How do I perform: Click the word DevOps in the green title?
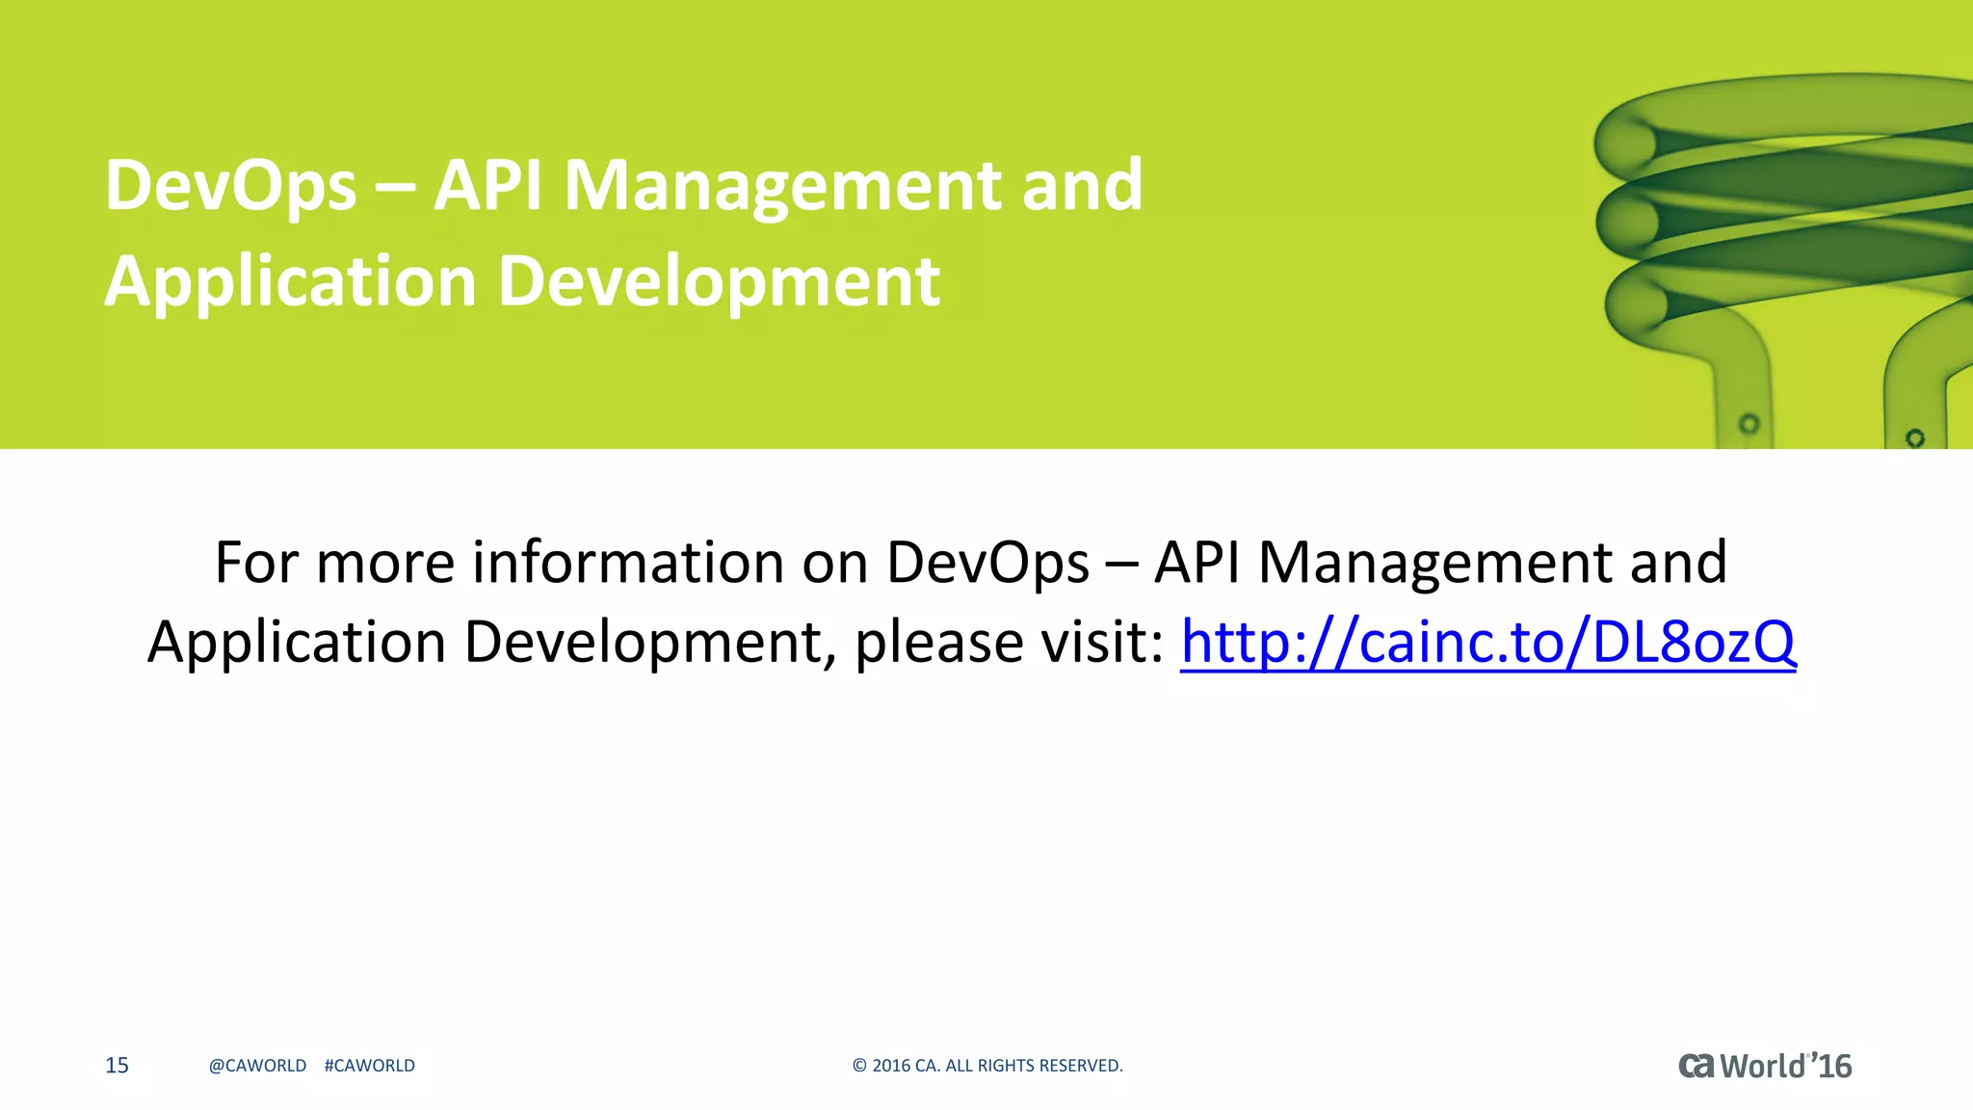230,187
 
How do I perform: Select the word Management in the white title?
783,187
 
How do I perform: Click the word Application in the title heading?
290,283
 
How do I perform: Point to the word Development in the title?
719,283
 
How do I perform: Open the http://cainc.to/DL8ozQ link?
1487,643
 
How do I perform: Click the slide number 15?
117,1066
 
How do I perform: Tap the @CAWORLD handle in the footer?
257,1066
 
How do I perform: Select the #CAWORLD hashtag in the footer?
370,1066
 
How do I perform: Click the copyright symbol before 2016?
859,1066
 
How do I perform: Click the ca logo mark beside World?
1697,1066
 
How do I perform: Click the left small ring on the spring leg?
1749,424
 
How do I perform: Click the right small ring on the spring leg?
1915,438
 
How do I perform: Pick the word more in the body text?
385,563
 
